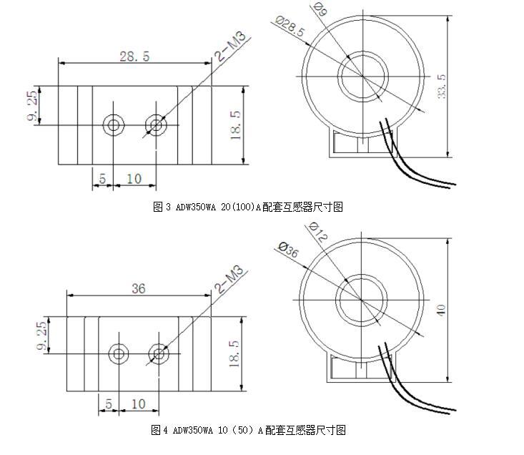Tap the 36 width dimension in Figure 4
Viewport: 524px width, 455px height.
point(139,288)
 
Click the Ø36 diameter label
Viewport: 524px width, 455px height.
point(287,252)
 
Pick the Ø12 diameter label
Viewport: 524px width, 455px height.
point(317,233)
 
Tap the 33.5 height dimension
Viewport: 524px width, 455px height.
point(443,85)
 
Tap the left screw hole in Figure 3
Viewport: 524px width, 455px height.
point(112,125)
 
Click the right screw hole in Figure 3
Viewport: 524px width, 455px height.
point(155,125)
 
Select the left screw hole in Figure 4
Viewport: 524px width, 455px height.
point(119,353)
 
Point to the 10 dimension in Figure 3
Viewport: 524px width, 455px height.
point(134,179)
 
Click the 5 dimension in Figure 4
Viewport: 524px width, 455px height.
point(109,404)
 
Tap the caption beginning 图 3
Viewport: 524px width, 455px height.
point(248,207)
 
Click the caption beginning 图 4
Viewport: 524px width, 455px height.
point(248,430)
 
